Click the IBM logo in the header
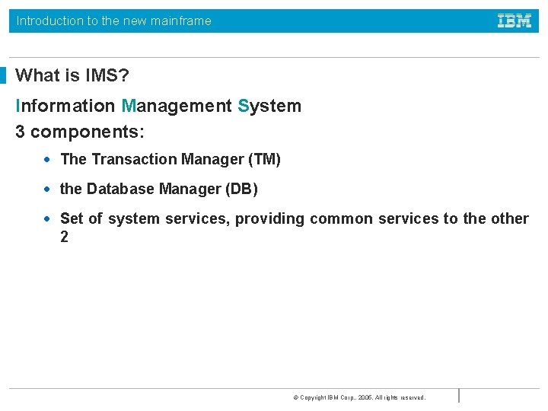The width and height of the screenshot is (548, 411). [515, 21]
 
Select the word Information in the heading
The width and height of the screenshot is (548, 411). [65, 106]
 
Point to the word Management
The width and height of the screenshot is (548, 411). [177, 106]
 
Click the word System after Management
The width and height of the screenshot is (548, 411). [269, 106]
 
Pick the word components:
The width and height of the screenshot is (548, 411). [88, 131]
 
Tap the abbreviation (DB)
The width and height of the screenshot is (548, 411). [241, 189]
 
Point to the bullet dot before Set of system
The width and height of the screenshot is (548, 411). [47, 218]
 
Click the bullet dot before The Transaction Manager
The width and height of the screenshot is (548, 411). [47, 159]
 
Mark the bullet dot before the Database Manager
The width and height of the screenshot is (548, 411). [47, 189]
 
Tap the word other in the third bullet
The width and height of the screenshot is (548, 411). [509, 218]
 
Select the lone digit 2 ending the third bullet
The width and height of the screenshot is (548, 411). [64, 237]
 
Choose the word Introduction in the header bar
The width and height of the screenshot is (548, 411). [49, 21]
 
